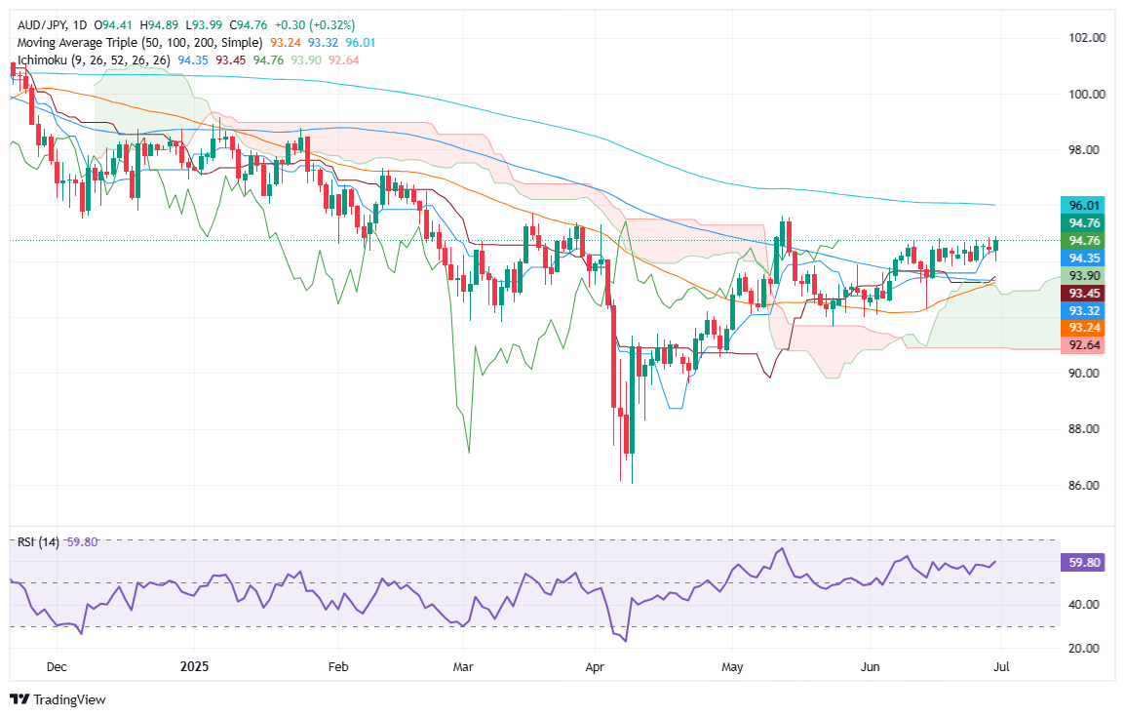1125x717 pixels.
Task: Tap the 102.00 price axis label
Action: pyautogui.click(x=1086, y=38)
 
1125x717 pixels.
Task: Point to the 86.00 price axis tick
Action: pyautogui.click(x=1086, y=485)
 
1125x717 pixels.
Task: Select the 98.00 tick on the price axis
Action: pyautogui.click(x=1086, y=150)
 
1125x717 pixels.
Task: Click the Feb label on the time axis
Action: pyautogui.click(x=337, y=668)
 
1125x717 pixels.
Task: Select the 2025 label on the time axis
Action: pyautogui.click(x=193, y=668)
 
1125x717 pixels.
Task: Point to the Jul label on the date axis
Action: pyautogui.click(x=1003, y=668)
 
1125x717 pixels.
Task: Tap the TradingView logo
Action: pyautogui.click(x=58, y=698)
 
